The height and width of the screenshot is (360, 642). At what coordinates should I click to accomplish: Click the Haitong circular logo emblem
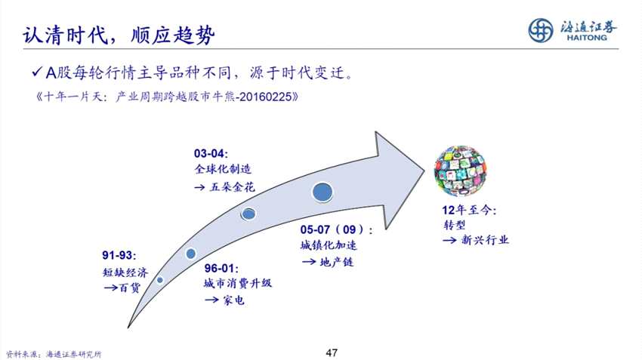coord(541,30)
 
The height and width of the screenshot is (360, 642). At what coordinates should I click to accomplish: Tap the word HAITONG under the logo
coord(587,38)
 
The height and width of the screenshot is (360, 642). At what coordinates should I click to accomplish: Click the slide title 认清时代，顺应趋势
coord(119,35)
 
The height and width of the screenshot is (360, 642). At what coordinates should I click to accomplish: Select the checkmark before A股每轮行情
coord(37,72)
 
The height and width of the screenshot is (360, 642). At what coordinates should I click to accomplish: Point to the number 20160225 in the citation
coord(265,97)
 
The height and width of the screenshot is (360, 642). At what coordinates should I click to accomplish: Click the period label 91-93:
coord(119,255)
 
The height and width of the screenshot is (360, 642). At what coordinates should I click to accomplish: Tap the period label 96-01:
coord(221,269)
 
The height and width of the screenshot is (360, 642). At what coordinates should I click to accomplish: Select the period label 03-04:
coord(211,154)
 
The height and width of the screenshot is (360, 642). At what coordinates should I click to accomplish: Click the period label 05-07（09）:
coord(337,229)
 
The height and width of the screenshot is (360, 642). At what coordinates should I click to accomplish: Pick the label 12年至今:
coord(469,211)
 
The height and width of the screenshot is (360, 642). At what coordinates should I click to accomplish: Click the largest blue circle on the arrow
coord(323,192)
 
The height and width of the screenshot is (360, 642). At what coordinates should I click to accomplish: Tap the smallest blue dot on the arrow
coord(159,280)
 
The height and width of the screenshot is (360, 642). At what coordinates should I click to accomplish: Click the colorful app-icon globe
coord(460,171)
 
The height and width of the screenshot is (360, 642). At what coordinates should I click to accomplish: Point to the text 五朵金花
coord(232,187)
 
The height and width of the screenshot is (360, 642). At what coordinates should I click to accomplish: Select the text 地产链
coord(337,261)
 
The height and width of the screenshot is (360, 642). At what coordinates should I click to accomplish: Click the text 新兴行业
coord(485,240)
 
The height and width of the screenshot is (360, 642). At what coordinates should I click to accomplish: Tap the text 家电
coord(234,300)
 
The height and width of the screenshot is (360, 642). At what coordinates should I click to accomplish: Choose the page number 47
coord(332,352)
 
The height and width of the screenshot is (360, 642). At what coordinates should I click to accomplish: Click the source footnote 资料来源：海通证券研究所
coord(54,354)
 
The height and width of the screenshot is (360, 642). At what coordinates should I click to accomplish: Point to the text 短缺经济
coord(125,272)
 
